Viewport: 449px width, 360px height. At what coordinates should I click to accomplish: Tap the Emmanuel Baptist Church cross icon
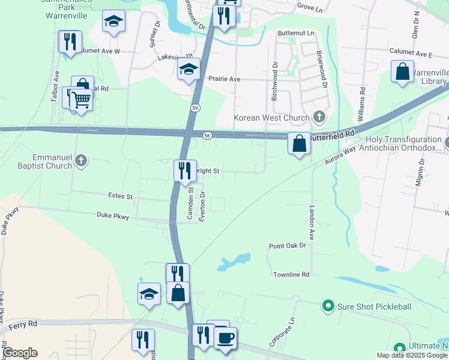pyautogui.click(x=81, y=160)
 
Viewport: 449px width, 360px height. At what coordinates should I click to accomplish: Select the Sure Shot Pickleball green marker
pyautogui.click(x=328, y=307)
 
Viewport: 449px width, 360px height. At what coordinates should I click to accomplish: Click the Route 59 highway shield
pyautogui.click(x=196, y=107)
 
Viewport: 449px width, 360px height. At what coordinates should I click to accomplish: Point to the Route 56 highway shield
pyautogui.click(x=207, y=136)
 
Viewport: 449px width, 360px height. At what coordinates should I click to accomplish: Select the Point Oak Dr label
pyautogui.click(x=288, y=245)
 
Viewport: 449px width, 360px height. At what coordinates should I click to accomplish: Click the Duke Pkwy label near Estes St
pyautogui.click(x=113, y=214)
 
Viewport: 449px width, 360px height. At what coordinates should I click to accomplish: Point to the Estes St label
pyautogui.click(x=120, y=196)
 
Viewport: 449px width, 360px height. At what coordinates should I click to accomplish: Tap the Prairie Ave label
pyautogui.click(x=224, y=79)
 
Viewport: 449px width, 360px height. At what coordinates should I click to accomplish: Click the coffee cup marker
pyautogui.click(x=225, y=338)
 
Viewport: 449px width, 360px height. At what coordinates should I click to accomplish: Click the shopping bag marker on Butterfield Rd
pyautogui.click(x=299, y=144)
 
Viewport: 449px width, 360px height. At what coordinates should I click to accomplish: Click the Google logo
pyautogui.click(x=20, y=353)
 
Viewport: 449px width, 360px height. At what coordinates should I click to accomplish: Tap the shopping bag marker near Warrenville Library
pyautogui.click(x=402, y=71)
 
